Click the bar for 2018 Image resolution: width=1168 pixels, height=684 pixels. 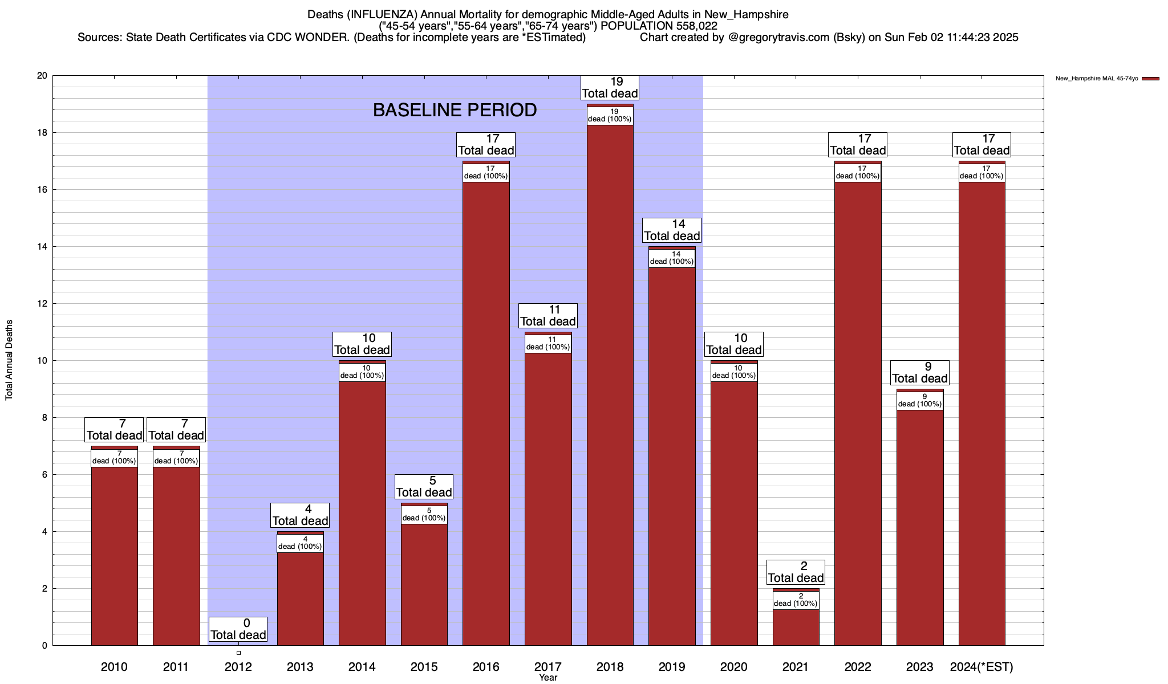610,388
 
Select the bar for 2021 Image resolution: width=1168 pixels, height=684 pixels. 796,627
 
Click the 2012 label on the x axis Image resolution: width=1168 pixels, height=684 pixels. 238,667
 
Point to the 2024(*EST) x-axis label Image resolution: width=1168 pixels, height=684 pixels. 982,667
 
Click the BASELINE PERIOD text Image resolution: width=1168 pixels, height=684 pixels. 455,110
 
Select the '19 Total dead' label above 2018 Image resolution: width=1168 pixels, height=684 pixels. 610,88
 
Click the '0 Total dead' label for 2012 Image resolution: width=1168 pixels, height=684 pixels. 238,629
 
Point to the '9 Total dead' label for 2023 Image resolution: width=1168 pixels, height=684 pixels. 920,373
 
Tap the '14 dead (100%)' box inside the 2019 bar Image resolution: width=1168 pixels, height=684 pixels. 672,258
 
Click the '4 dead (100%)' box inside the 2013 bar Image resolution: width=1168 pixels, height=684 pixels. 300,543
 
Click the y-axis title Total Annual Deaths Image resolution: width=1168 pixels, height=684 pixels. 9,360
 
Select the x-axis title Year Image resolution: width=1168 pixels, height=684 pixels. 548,678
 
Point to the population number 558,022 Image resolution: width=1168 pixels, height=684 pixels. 695,26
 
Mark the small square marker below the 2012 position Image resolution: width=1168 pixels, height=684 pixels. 238,653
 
